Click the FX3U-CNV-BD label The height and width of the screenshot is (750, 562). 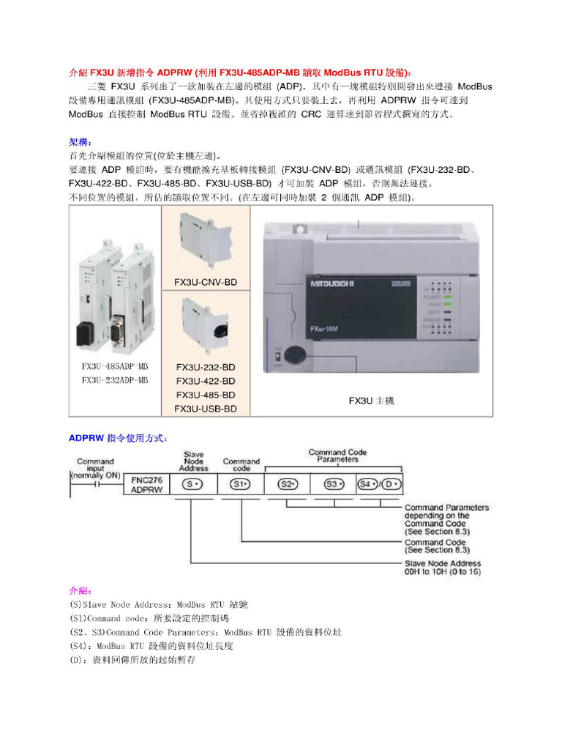click(206, 282)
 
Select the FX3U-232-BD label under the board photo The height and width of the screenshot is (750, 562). click(206, 367)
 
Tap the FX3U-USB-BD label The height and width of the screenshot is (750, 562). click(206, 409)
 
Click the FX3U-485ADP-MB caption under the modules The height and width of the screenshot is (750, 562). click(115, 366)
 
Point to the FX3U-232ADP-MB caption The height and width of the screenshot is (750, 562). click(115, 380)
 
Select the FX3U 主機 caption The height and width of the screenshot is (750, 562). click(371, 401)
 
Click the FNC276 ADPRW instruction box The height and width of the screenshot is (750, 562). click(146, 484)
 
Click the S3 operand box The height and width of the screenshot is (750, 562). click(333, 484)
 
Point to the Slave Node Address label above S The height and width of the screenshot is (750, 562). click(193, 461)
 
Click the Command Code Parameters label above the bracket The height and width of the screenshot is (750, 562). click(337, 456)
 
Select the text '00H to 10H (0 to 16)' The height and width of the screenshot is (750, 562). click(443, 571)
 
